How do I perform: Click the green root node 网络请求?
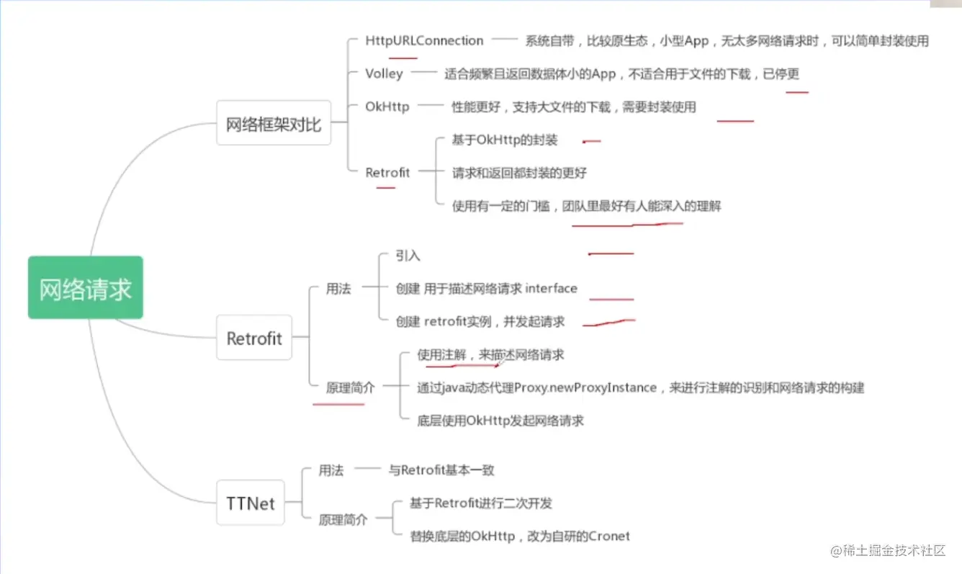(x=86, y=288)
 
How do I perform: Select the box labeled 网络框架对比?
(x=274, y=123)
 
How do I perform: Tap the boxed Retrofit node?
(x=254, y=338)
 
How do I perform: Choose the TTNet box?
(x=251, y=503)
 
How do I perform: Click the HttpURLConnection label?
(x=424, y=40)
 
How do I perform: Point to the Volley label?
(x=384, y=73)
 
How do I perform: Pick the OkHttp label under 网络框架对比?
(x=387, y=107)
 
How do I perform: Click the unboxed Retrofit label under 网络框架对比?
(x=387, y=172)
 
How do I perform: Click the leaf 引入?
(x=408, y=256)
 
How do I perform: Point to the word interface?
(x=552, y=289)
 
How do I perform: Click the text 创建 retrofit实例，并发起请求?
(x=480, y=322)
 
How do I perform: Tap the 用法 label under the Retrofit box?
(x=338, y=289)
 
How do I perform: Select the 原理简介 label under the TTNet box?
(x=343, y=519)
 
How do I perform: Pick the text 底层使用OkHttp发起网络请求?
(x=500, y=421)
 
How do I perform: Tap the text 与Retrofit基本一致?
(x=441, y=470)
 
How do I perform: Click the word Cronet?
(x=609, y=536)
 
